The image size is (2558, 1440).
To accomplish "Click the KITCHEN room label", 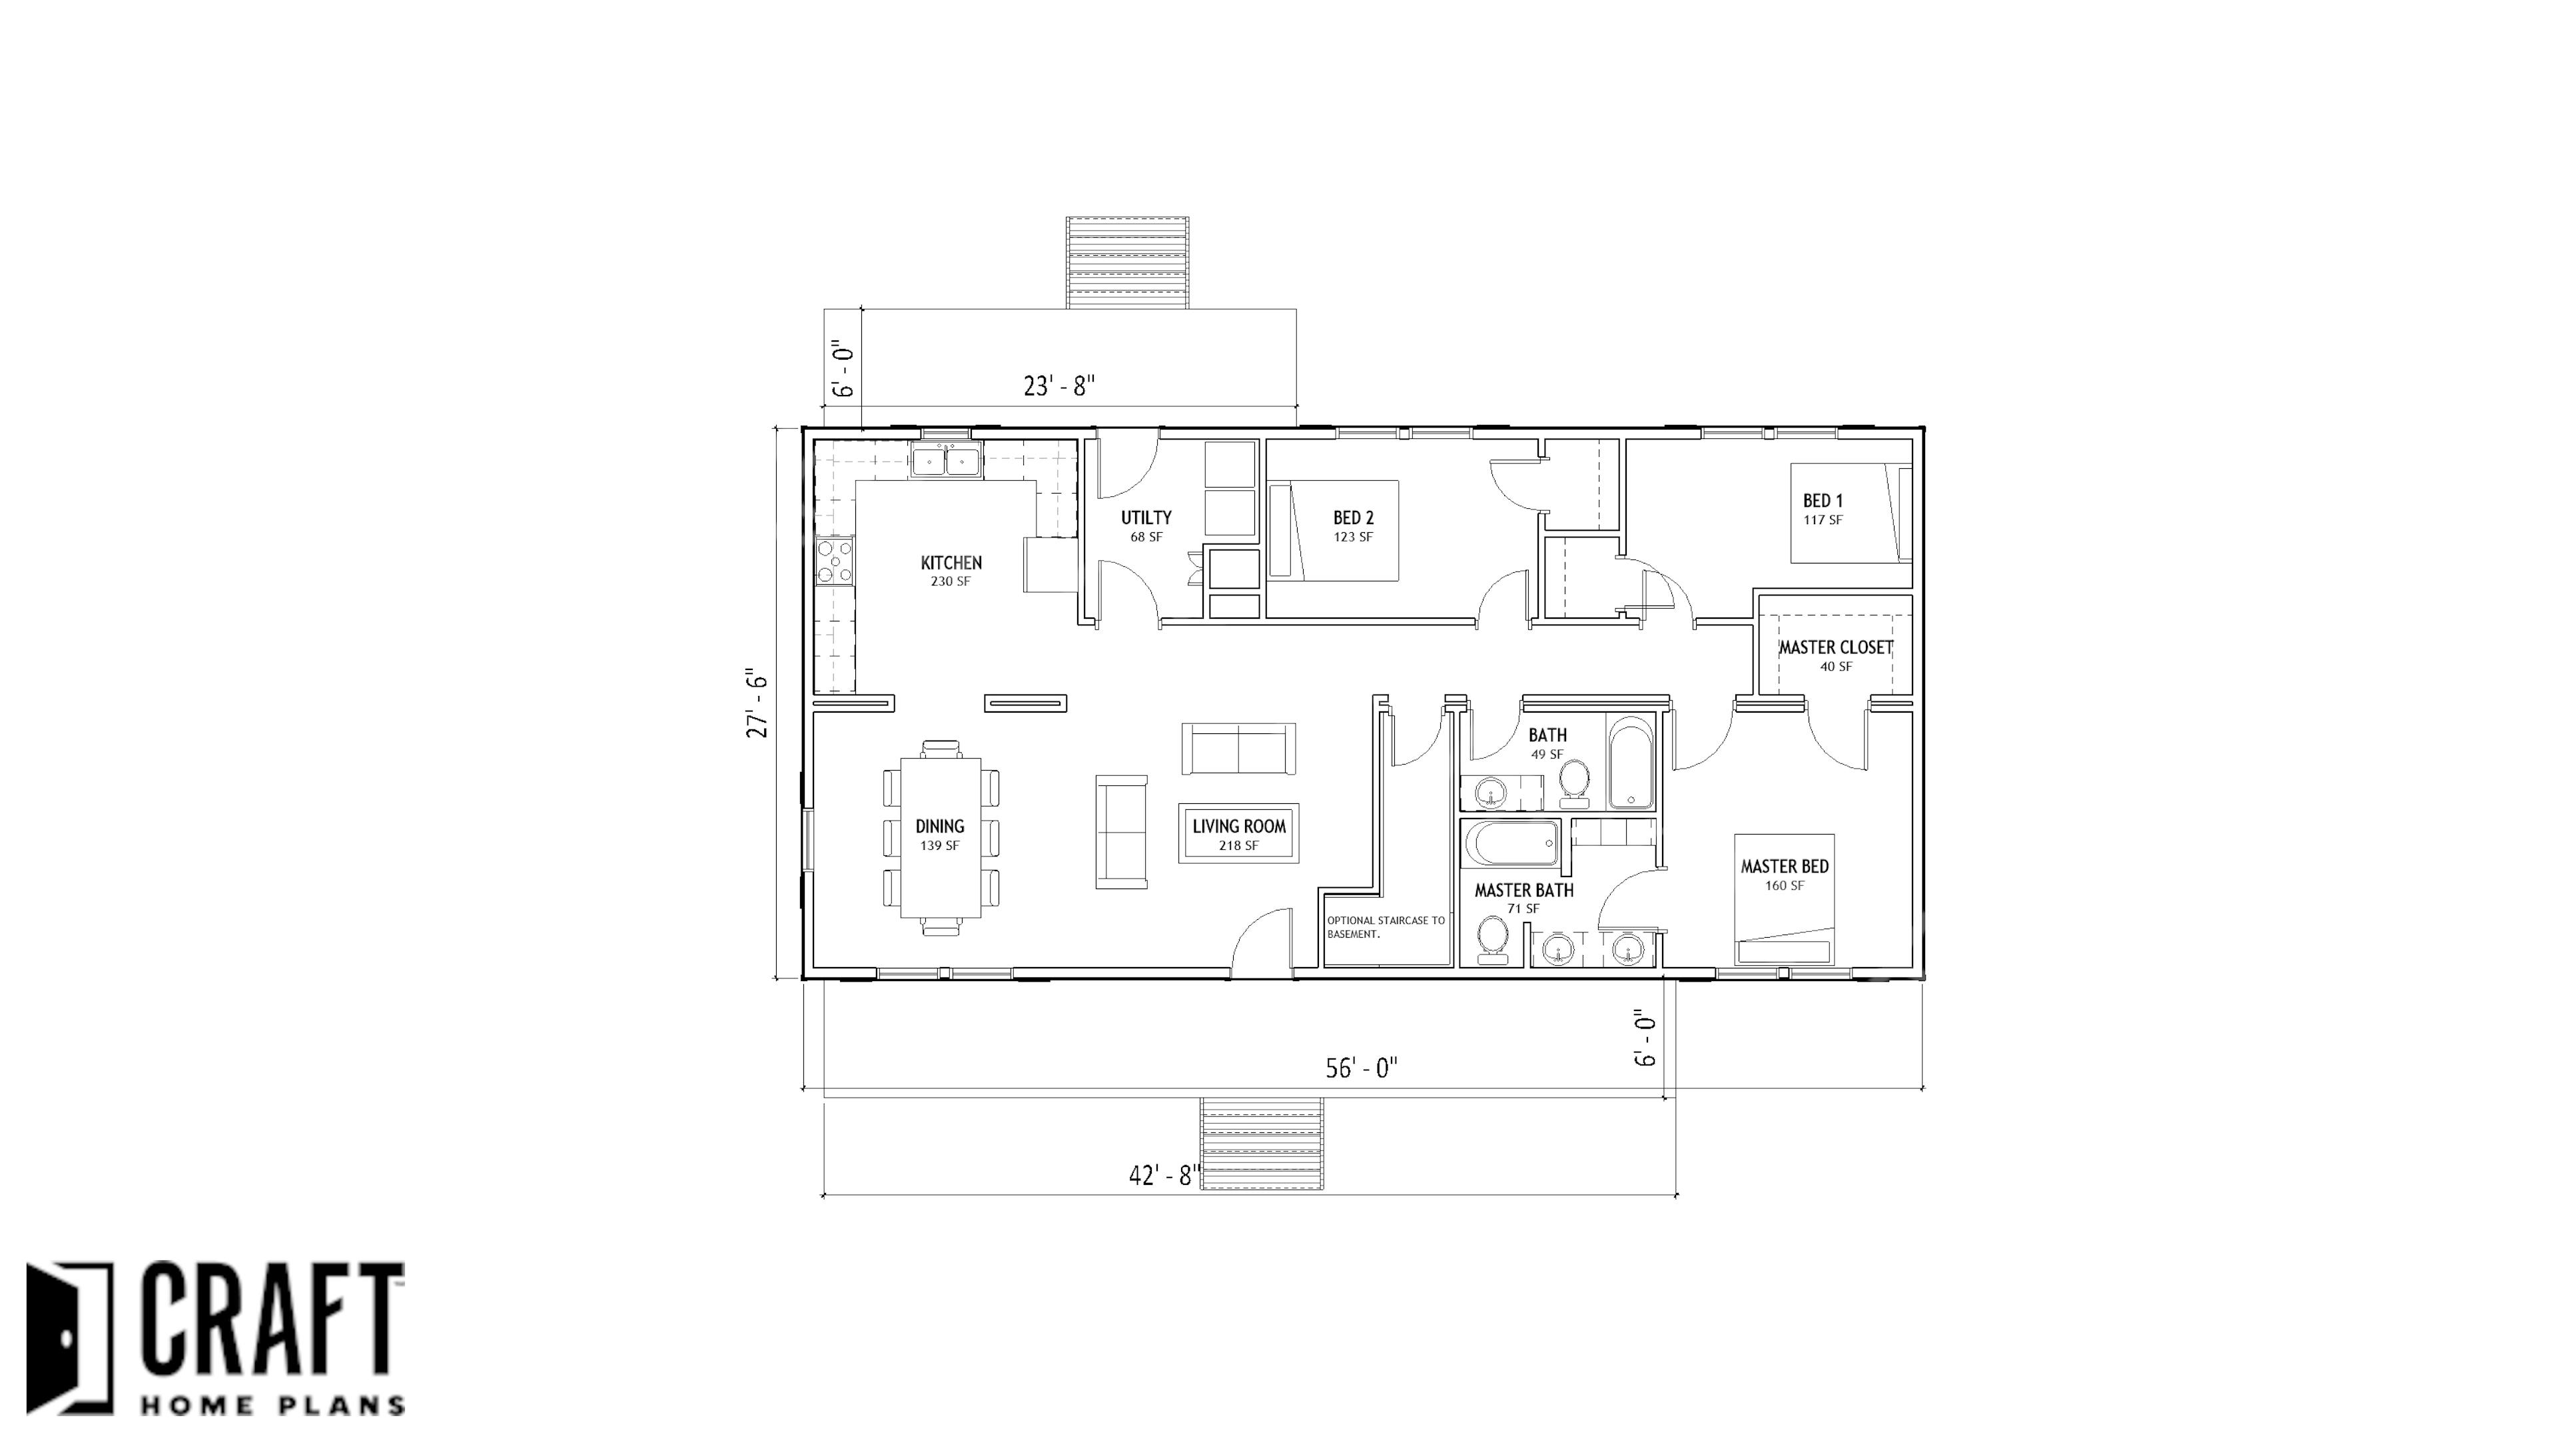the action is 951,563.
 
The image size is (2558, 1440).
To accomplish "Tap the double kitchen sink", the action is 250,462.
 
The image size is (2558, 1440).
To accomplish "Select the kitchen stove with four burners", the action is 139,560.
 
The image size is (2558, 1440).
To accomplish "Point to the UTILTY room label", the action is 1146,518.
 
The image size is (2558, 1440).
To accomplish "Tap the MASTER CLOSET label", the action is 1836,647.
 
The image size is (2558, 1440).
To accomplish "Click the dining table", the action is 941,838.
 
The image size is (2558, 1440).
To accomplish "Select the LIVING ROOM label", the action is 1239,827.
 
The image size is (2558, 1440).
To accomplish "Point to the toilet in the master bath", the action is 1492,938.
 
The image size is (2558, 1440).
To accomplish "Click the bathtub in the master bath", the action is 1512,843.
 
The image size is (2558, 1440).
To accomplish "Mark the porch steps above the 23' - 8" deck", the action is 1127,263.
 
